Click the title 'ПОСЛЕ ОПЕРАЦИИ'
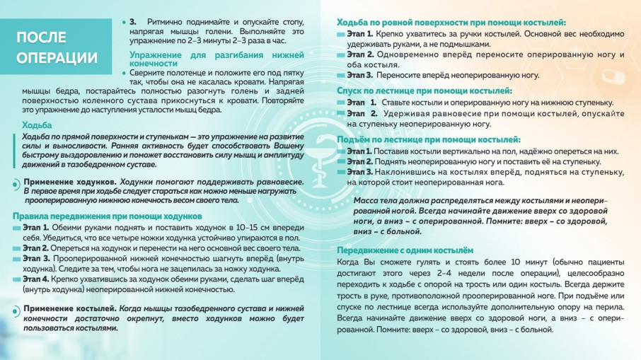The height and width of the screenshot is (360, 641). [57, 47]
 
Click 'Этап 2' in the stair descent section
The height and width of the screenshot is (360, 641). [362, 114]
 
